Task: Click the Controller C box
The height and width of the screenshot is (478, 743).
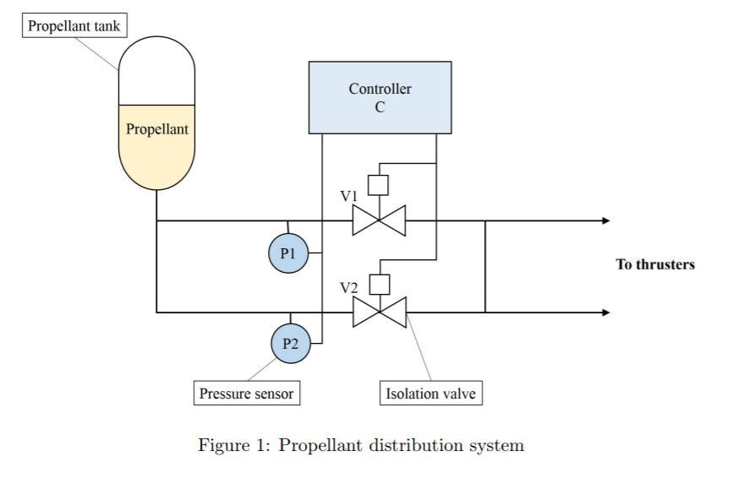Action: click(380, 97)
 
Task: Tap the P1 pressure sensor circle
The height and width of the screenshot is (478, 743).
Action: click(288, 253)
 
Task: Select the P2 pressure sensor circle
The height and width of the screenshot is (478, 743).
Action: click(291, 344)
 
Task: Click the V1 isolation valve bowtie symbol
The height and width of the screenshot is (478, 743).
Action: click(379, 221)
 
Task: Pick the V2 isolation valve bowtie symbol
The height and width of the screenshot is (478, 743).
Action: click(380, 312)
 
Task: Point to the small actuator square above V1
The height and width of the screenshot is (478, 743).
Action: click(379, 185)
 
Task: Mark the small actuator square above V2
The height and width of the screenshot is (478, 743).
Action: click(380, 284)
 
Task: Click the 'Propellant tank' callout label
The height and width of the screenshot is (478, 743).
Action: click(74, 26)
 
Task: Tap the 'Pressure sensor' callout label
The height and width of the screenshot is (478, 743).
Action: click(247, 394)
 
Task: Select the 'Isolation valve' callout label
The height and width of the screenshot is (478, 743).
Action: click(430, 394)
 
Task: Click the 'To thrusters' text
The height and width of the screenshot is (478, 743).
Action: click(655, 264)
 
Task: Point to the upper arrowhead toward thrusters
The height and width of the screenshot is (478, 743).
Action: click(605, 221)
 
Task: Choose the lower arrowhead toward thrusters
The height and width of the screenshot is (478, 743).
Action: click(605, 312)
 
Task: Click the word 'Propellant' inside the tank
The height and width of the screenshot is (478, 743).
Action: click(157, 129)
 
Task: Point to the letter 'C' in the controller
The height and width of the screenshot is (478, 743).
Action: click(380, 106)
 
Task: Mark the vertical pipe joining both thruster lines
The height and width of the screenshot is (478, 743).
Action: click(485, 267)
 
